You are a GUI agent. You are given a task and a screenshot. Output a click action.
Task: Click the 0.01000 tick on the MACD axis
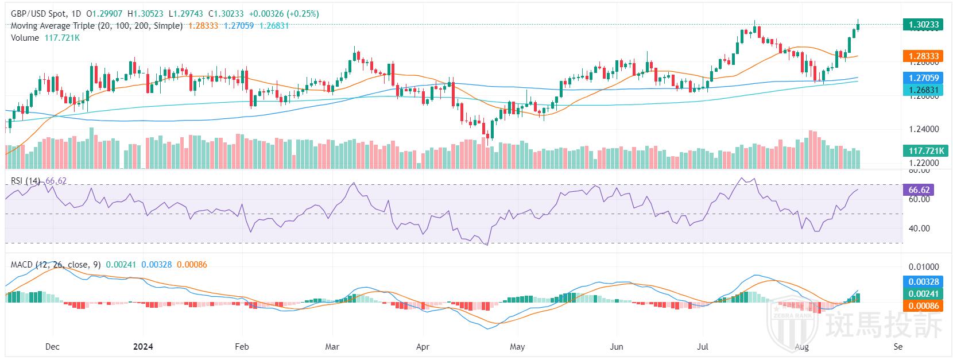(x=924, y=268)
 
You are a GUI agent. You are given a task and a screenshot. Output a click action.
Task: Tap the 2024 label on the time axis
(x=143, y=347)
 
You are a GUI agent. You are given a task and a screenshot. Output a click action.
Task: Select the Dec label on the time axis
(x=52, y=347)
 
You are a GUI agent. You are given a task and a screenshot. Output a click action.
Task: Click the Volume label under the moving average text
(x=25, y=38)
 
